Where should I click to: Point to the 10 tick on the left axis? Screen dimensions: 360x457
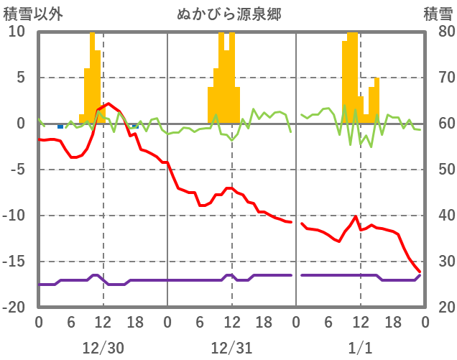click(x=17, y=32)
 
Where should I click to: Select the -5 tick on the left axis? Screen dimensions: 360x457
click(x=17, y=170)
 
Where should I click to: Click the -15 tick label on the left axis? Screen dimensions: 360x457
click(x=16, y=262)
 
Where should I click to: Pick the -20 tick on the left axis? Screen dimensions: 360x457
click(x=16, y=308)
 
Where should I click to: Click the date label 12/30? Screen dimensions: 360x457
click(x=103, y=348)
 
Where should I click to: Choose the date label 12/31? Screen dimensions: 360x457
click(x=231, y=348)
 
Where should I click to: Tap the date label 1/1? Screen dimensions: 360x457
click(x=360, y=348)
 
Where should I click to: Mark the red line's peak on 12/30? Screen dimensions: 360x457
click(x=109, y=103)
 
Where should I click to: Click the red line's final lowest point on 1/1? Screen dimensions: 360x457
click(x=420, y=272)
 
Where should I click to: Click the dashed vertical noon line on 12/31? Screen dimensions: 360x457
click(x=232, y=216)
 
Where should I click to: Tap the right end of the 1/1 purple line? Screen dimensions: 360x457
click(x=420, y=275)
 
